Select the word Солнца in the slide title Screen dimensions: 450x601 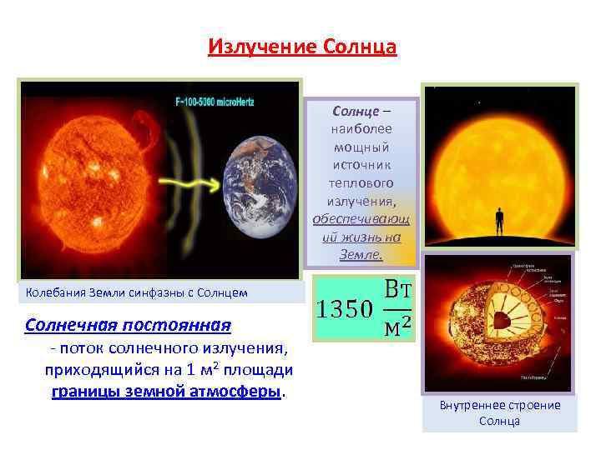point(355,45)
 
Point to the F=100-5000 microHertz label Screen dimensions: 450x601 point(225,102)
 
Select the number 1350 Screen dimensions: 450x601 point(342,310)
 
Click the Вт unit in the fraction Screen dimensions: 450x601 point(400,292)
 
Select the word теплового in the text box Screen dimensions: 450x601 point(361,182)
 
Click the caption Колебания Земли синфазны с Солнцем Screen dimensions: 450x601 point(137,292)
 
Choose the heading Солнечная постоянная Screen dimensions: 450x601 point(128,323)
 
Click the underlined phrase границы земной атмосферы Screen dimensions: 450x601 point(166,392)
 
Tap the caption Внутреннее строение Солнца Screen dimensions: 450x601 point(499,412)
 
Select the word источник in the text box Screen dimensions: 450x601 point(361,165)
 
